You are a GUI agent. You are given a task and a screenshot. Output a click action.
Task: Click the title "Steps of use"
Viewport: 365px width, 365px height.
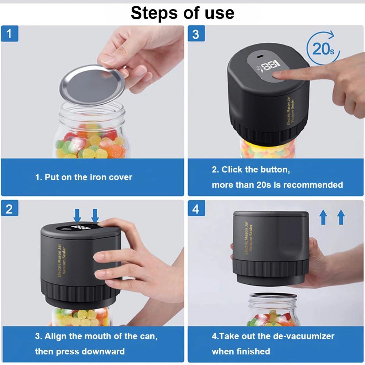coord(182,13)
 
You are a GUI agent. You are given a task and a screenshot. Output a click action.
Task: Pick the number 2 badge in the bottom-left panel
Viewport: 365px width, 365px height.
coord(9,209)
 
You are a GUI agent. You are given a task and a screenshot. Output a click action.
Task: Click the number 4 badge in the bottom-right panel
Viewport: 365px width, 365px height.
coord(196,209)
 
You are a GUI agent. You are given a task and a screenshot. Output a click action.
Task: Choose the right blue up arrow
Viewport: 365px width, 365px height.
coord(341,217)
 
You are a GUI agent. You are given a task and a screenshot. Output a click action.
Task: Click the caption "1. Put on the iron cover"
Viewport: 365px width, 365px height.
coord(84,177)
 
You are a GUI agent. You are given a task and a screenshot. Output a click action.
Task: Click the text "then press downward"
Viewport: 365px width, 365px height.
coord(80,352)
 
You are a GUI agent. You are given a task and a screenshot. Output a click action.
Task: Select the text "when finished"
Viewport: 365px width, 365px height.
coord(241,352)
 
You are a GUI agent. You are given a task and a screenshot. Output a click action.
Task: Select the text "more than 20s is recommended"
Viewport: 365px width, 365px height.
coord(277,185)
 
